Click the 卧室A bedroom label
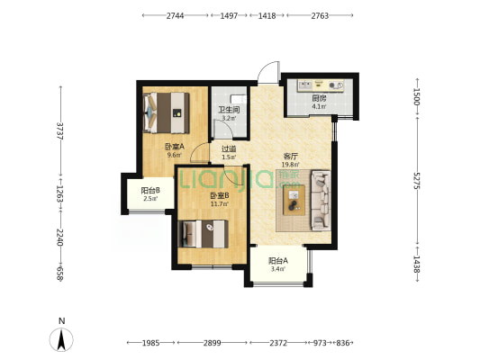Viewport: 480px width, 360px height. (x=175, y=147)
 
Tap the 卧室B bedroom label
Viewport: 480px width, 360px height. (x=220, y=195)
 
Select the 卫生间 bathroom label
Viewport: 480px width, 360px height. (x=229, y=110)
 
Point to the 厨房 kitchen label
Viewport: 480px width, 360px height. (x=319, y=98)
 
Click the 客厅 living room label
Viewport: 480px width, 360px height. (x=290, y=157)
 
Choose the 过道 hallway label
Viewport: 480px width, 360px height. (x=229, y=149)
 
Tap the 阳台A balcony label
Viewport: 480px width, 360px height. (x=278, y=261)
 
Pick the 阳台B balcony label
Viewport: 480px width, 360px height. (x=150, y=191)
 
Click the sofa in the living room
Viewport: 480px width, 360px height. (x=321, y=201)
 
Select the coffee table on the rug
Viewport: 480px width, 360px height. (x=294, y=200)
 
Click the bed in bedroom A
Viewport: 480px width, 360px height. (x=167, y=112)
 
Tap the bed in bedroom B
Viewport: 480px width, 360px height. (x=204, y=234)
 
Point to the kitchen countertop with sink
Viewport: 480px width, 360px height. (x=321, y=85)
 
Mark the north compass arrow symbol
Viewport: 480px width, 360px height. (x=61, y=339)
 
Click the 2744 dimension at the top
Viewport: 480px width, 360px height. (x=175, y=15)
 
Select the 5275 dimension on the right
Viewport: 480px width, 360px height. (x=417, y=181)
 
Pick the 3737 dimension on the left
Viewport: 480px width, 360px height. (x=60, y=131)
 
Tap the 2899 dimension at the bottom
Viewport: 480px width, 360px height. (x=213, y=343)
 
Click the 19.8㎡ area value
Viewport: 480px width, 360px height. (x=290, y=165)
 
